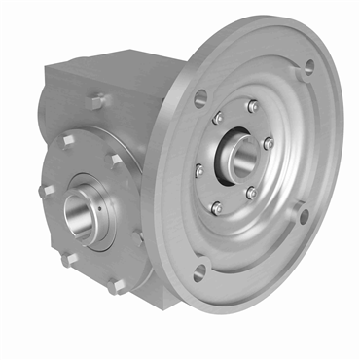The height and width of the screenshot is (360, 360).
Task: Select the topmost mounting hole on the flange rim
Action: [x=309, y=69]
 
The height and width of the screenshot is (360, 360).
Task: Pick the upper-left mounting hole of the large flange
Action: [x=201, y=97]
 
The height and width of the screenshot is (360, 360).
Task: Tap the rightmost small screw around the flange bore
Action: [x=269, y=143]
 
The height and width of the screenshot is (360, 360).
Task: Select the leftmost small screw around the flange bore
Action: [x=199, y=170]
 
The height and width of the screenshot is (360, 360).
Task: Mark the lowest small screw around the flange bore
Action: [x=217, y=206]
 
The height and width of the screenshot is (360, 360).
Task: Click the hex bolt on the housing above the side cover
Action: [x=97, y=101]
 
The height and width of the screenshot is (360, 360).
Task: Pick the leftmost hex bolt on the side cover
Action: [x=45, y=191]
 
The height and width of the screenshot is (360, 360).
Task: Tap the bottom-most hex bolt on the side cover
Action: [x=117, y=286]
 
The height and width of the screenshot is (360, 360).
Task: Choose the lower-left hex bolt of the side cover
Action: [x=67, y=259]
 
